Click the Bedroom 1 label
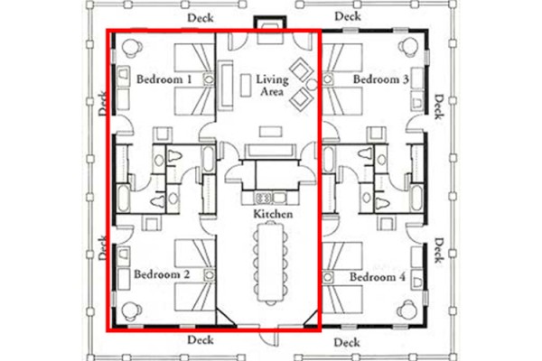164,80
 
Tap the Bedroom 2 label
161,273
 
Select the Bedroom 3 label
381,80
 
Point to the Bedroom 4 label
377,276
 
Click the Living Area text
272,87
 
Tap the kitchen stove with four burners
265,196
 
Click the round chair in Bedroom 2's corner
128,307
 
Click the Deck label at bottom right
346,343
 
